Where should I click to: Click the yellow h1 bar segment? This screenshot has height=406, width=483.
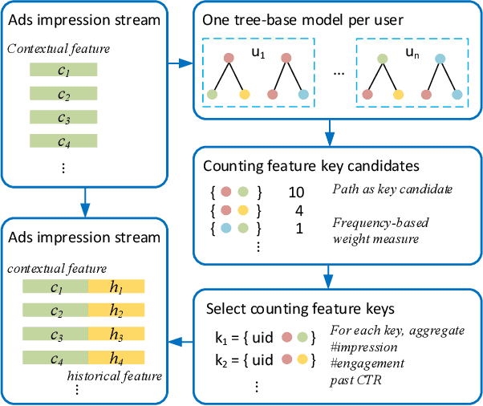click(x=116, y=286)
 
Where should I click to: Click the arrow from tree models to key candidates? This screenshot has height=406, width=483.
click(x=328, y=128)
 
